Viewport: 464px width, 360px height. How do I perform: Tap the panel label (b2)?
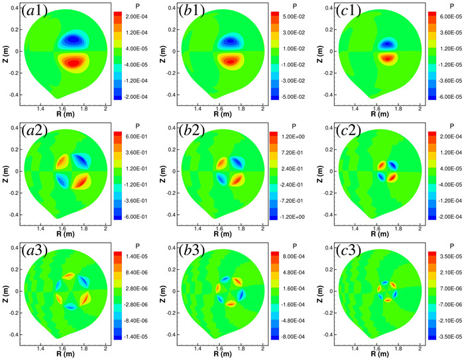coord(190,134)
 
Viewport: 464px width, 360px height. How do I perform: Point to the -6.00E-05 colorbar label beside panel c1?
coord(443,96)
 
